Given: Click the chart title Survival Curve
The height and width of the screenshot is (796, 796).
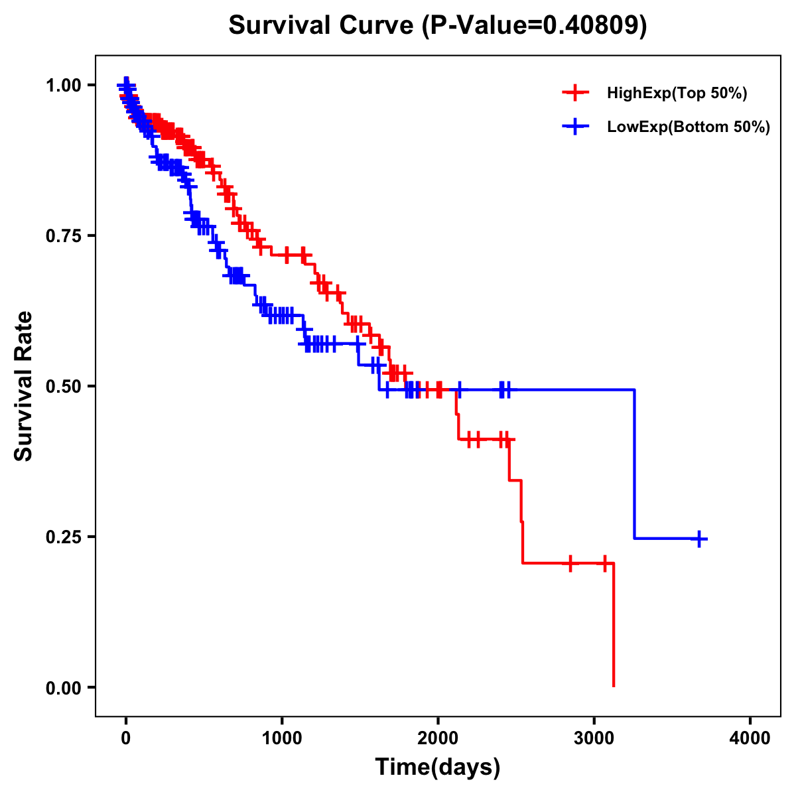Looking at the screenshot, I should (x=322, y=25).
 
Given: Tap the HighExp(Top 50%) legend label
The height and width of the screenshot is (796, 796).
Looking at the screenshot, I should (x=677, y=94).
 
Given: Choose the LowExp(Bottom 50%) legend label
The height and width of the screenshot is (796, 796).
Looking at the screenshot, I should (x=689, y=127).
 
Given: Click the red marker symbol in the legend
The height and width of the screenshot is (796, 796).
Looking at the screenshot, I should (x=575, y=94).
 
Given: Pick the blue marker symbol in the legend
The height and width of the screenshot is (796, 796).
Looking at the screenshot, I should (x=575, y=127).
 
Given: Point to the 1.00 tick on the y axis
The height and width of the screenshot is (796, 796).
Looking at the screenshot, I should (x=63, y=85).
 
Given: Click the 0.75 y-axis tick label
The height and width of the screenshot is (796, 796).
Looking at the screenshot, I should (x=63, y=235).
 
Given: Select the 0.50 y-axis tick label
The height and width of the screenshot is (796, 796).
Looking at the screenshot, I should (x=63, y=386).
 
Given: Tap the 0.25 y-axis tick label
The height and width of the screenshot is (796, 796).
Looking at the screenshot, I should (x=63, y=537).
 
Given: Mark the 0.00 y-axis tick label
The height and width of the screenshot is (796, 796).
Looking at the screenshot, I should (x=63, y=687).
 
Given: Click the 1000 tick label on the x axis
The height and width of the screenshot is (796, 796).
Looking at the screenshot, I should (x=282, y=738).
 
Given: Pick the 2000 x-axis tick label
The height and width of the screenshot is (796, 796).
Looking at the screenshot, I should (x=438, y=738).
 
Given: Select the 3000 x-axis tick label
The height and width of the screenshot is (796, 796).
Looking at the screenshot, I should (x=594, y=738).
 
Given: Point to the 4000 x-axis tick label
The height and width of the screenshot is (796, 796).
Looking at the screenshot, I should (x=750, y=738).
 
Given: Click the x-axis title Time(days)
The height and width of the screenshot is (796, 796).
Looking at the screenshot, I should (x=438, y=767).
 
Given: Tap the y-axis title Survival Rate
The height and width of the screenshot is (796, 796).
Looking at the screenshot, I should (x=24, y=386).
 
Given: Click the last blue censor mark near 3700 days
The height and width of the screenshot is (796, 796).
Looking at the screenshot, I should (x=698, y=539).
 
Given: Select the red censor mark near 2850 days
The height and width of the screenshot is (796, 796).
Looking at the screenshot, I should (x=570, y=563).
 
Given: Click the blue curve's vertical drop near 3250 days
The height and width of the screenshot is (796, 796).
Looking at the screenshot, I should (x=634, y=464).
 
